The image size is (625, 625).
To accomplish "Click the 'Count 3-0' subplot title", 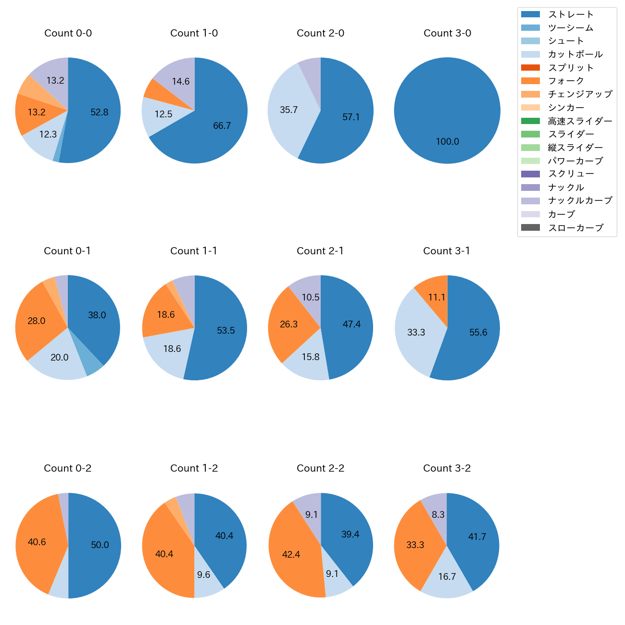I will tap(447, 33).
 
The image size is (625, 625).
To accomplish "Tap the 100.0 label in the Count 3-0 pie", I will tap(447, 142).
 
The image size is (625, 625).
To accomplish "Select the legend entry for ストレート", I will tap(571, 14).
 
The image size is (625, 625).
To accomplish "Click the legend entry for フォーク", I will tap(566, 81).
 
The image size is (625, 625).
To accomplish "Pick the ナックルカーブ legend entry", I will tap(580, 200).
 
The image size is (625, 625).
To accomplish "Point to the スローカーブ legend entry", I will tap(575, 228).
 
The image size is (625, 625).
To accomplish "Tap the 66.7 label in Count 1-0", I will tap(222, 126).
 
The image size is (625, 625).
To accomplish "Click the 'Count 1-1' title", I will tap(194, 251).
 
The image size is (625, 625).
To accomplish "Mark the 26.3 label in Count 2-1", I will tap(289, 325).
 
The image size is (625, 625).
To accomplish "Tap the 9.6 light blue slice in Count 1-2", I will tap(204, 575).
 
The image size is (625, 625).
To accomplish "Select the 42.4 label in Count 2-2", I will tap(291, 555).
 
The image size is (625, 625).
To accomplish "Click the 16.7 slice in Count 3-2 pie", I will tap(447, 576).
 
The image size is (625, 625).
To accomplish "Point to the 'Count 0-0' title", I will tap(68, 33).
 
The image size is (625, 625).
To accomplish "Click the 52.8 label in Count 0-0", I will tap(100, 112).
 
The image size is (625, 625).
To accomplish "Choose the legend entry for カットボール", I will tap(575, 54).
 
